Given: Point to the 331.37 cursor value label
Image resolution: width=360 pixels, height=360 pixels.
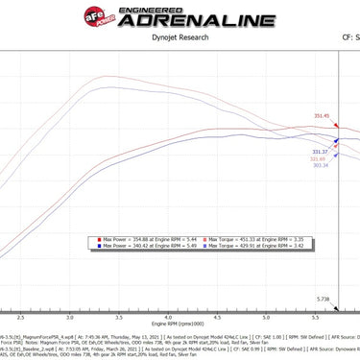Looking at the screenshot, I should [x=321, y=152].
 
